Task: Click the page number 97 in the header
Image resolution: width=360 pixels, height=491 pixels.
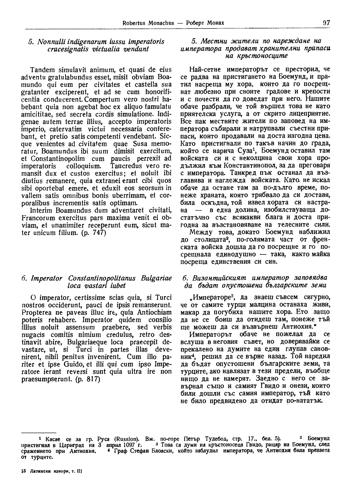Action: click(326, 23)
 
